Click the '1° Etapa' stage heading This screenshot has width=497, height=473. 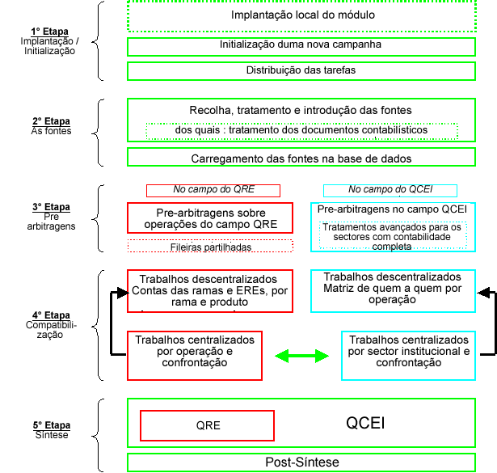pos(49,32)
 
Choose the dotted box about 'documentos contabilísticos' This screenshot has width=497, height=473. pos(301,130)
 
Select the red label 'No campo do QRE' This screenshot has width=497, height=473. pos(213,191)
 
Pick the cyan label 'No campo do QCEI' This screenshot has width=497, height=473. pos(390,191)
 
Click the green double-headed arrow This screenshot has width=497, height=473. pos(301,356)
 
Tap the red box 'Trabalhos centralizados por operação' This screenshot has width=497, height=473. pos(194,355)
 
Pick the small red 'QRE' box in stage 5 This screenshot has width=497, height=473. pos(207,425)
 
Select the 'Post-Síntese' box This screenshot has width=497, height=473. pos(301,462)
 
